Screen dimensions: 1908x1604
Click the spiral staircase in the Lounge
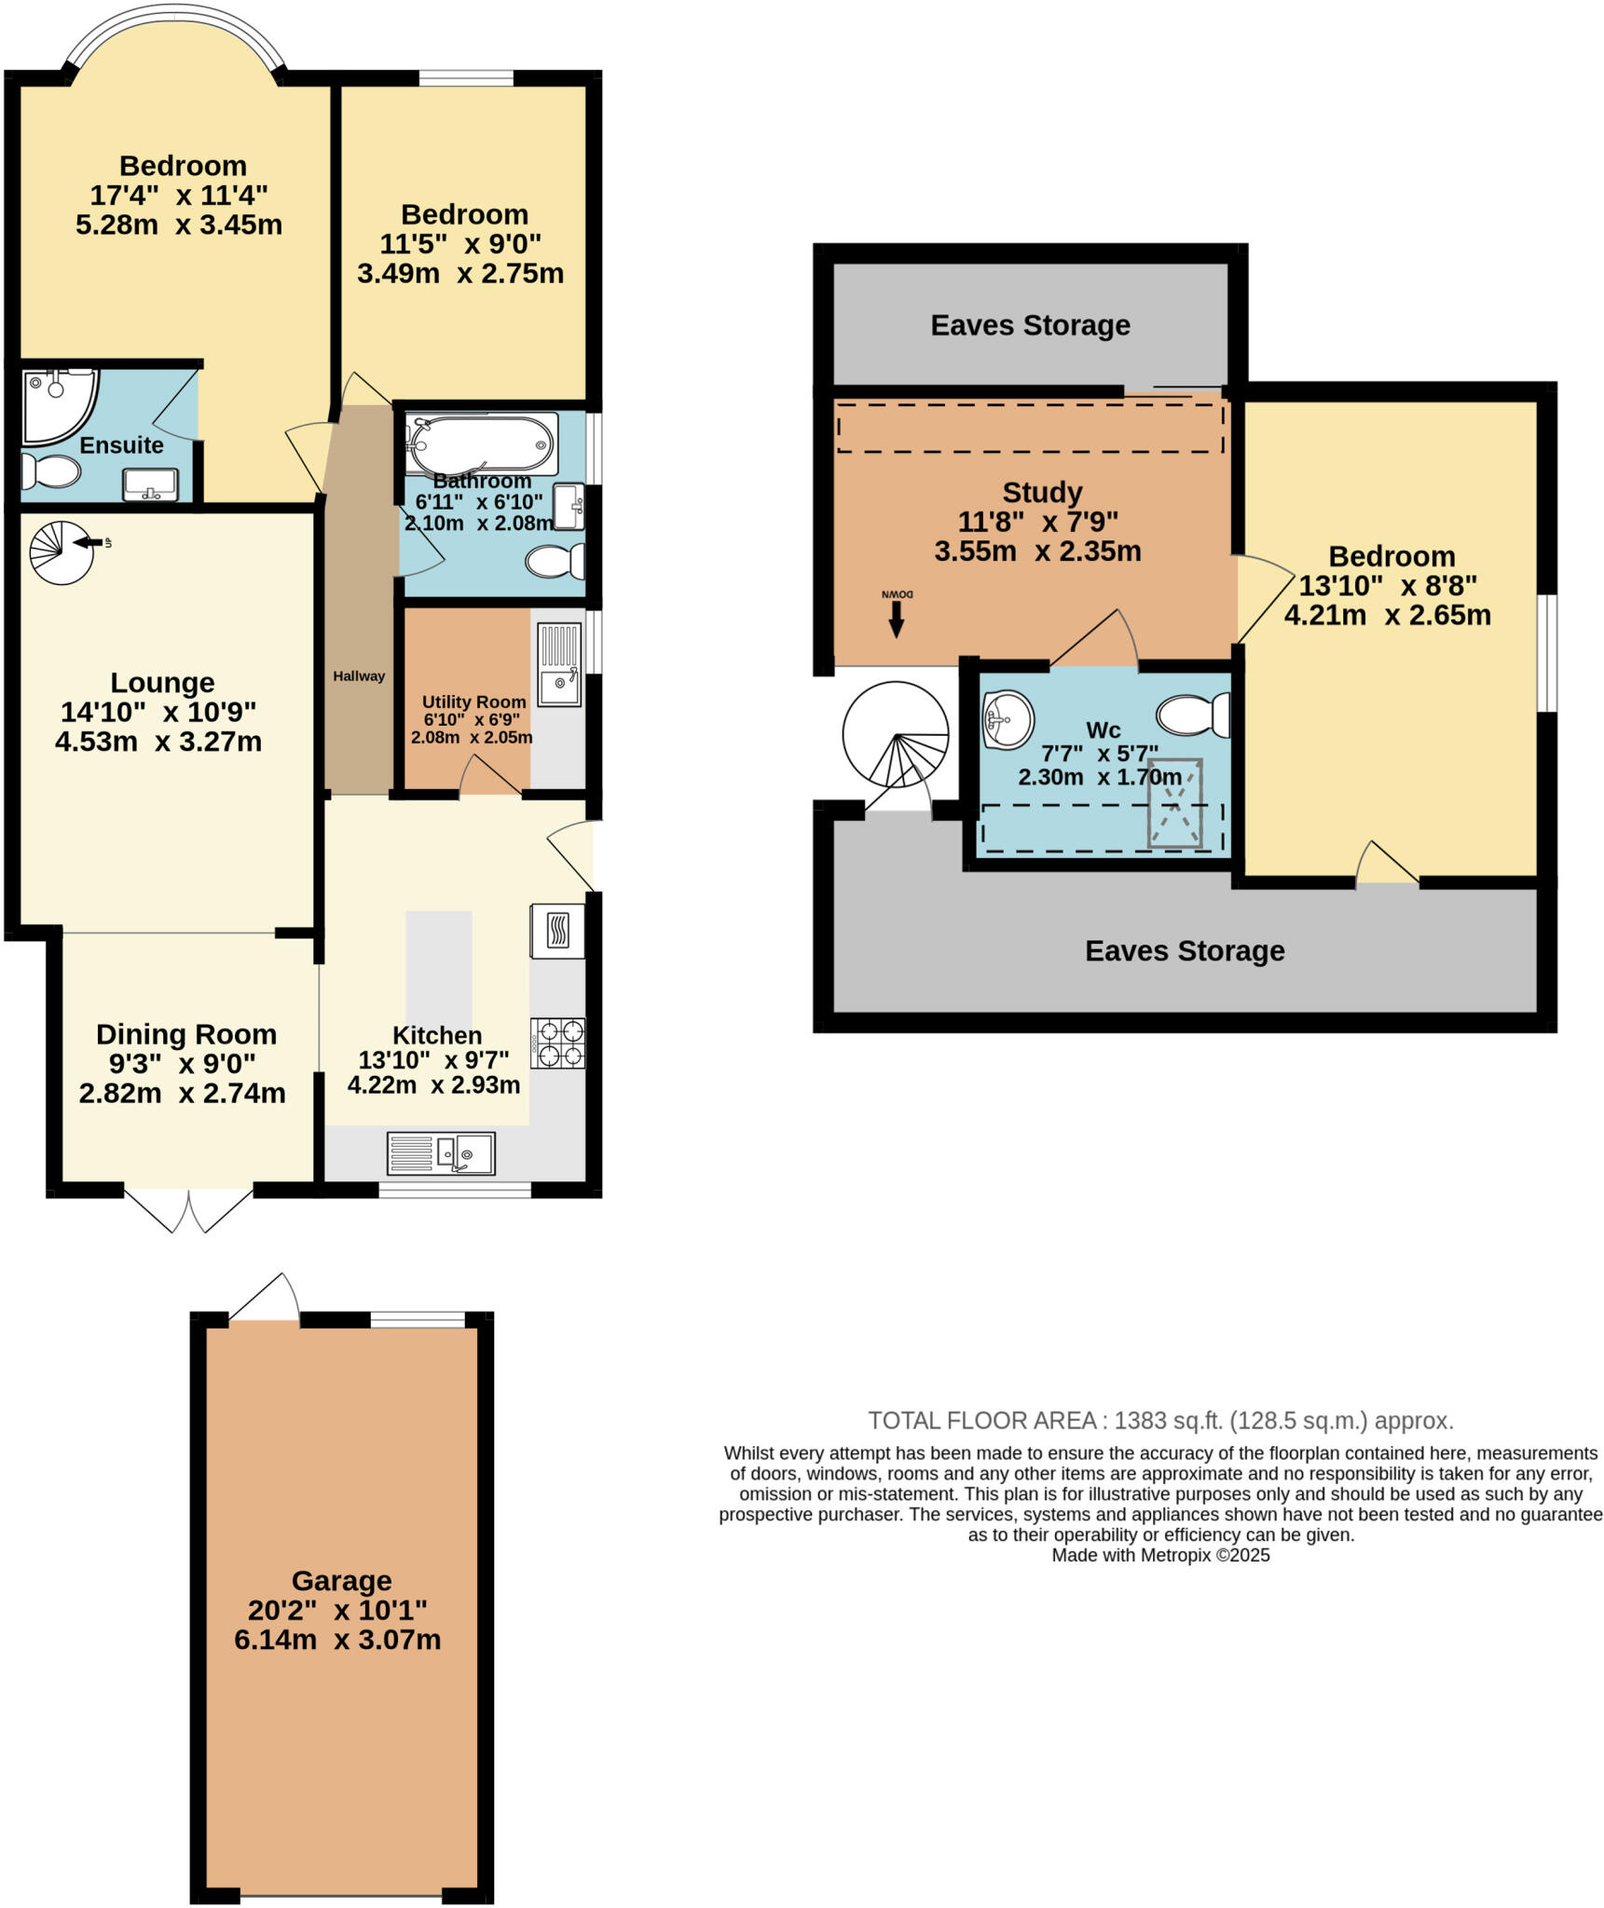62,552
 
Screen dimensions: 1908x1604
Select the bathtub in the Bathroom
480,443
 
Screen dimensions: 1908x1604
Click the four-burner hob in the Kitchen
557,1043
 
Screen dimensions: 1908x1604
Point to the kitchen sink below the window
441,1153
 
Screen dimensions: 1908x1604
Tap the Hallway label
359,676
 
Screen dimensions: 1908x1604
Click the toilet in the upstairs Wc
1193,715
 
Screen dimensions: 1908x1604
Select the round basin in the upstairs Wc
1008,719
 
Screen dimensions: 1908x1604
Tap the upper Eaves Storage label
1030,325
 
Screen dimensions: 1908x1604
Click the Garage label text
341,1580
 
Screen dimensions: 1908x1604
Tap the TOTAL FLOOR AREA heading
1159,1421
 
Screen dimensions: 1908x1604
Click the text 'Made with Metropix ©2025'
1160,1555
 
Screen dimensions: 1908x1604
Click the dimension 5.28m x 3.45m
179,225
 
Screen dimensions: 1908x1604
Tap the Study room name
1042,492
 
